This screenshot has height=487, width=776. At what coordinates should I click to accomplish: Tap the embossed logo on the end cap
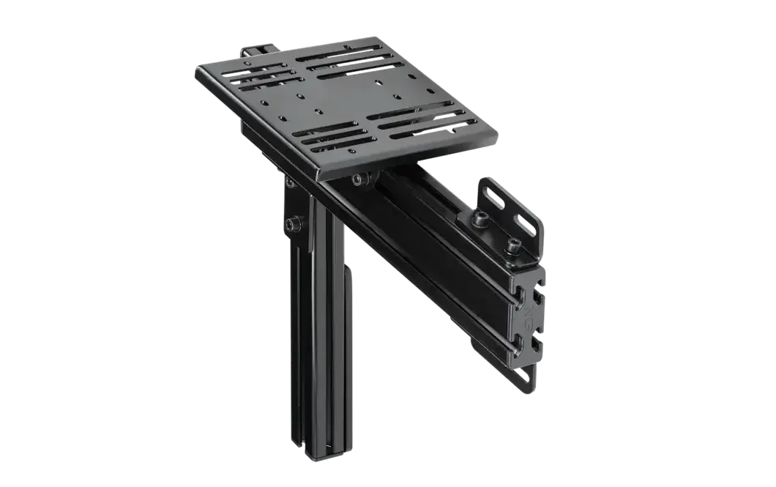coord(529,315)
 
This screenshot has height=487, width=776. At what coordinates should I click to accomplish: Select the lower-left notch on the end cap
coord(519,338)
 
